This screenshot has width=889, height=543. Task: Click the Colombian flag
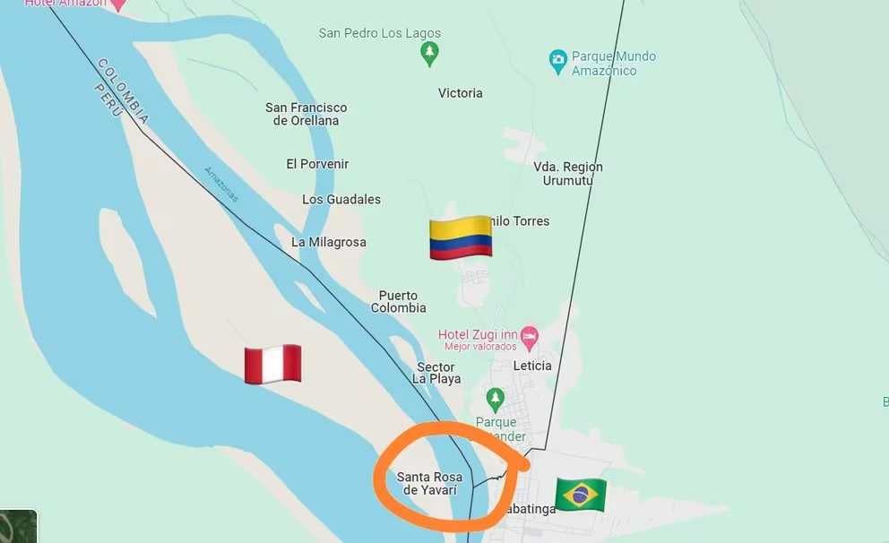click(461, 237)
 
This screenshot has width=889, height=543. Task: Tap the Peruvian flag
click(272, 364)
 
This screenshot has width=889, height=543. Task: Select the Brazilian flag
click(581, 494)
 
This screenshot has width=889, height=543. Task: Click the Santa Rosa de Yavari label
click(430, 483)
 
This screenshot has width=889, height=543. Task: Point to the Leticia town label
click(532, 366)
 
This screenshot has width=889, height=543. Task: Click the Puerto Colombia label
click(399, 302)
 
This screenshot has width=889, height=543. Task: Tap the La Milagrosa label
click(329, 242)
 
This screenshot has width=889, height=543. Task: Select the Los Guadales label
click(341, 199)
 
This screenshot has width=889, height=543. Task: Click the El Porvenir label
click(317, 164)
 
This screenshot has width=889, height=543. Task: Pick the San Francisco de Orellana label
click(306, 114)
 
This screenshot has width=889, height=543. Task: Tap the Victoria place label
click(461, 93)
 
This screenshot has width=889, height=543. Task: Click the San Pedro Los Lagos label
click(380, 34)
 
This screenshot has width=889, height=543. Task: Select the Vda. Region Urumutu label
click(568, 174)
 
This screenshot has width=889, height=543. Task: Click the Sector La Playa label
click(436, 373)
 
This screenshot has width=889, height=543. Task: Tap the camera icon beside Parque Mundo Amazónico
click(558, 62)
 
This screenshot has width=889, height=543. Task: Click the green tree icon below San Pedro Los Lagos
click(430, 54)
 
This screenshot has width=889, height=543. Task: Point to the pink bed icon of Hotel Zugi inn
click(530, 338)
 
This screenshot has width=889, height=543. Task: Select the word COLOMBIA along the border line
click(125, 90)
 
